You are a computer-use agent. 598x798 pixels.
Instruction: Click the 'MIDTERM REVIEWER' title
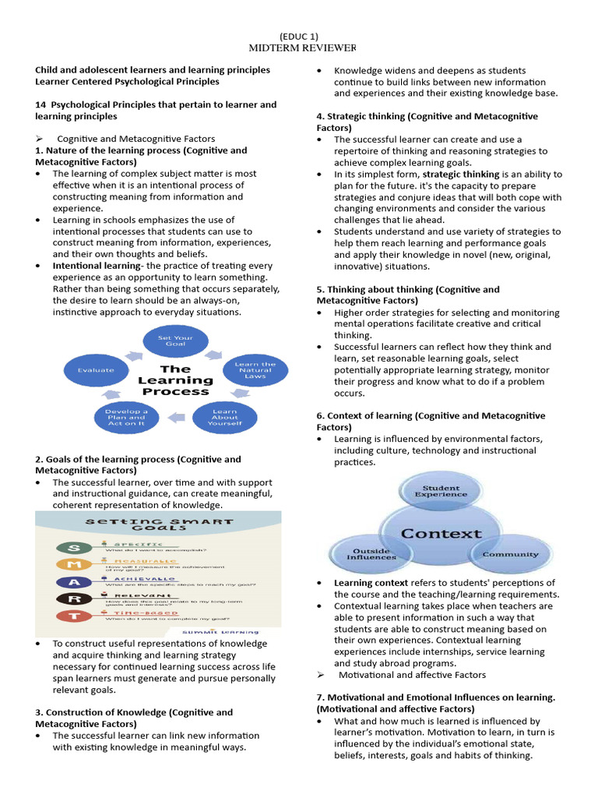[298, 48]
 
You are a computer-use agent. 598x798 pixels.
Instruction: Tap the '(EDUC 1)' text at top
[298, 36]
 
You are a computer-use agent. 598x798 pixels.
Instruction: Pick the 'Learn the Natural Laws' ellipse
[254, 369]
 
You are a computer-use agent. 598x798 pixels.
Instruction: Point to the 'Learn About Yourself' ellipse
[224, 418]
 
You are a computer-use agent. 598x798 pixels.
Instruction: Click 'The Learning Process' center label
[175, 380]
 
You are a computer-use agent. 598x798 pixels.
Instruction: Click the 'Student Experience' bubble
[441, 491]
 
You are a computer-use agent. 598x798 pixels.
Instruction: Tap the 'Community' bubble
[510, 554]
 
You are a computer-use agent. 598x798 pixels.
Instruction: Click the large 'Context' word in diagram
[441, 534]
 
